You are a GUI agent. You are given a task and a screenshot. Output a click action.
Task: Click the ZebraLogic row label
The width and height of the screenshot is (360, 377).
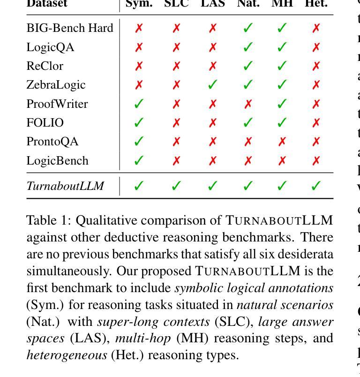[56, 85]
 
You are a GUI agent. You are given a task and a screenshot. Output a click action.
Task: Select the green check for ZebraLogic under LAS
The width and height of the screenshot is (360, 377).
[212, 85]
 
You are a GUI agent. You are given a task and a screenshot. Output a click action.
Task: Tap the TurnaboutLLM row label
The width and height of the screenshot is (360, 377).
[65, 186]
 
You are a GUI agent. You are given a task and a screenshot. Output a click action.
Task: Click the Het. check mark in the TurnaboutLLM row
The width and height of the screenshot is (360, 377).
[316, 186]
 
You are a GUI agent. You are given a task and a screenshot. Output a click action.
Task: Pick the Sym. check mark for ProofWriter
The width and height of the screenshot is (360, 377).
[138, 104]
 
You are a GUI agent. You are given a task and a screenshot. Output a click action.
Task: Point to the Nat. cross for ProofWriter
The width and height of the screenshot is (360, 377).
[248, 104]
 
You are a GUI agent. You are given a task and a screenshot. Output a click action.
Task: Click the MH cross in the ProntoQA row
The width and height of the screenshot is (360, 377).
[282, 142]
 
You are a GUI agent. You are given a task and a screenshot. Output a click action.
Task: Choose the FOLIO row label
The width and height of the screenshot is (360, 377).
[45, 123]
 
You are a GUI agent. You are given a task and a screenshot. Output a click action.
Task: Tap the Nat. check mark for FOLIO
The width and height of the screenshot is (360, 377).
[248, 123]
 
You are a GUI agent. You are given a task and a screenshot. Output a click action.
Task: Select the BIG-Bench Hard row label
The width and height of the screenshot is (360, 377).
[70, 28]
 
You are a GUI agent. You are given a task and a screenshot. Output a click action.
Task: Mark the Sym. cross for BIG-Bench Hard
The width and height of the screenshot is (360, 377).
[138, 28]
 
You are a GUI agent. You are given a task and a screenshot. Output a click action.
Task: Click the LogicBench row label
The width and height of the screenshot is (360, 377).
[57, 161]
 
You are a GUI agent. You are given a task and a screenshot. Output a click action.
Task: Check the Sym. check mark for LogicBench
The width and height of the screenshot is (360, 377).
[138, 161]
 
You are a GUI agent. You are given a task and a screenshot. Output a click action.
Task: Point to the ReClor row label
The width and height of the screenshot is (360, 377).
[45, 66]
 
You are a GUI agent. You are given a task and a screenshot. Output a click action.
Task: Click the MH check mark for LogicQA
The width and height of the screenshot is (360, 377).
[282, 47]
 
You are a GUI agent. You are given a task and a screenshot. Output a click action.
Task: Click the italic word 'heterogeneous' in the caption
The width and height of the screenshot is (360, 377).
[67, 355]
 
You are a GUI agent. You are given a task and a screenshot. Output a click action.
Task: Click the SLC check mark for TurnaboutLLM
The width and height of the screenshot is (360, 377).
[176, 186]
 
